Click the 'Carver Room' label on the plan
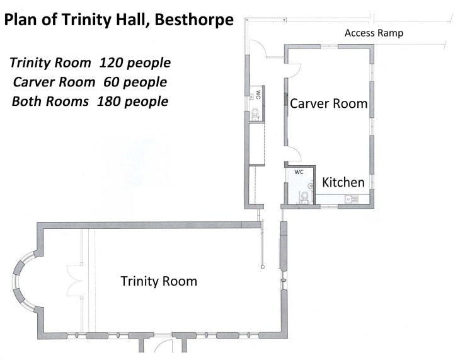point(328,103)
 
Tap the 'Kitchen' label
point(343,182)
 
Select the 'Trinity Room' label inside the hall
point(159,281)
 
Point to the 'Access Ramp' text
point(374,33)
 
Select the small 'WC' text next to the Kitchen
point(300,171)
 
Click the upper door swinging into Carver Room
point(294,71)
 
